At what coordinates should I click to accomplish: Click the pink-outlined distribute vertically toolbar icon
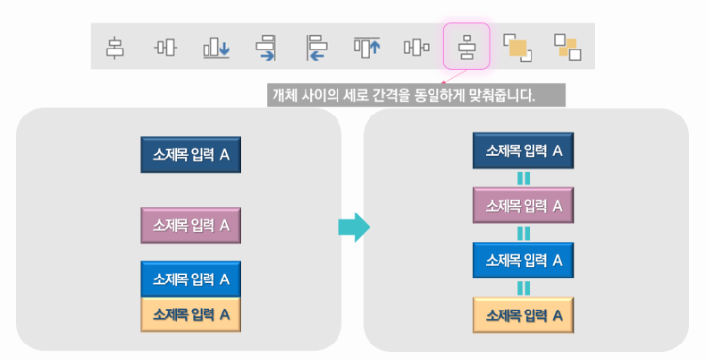[x=467, y=46]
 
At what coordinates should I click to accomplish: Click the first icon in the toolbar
[x=115, y=46]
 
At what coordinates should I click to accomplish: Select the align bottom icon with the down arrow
[x=215, y=46]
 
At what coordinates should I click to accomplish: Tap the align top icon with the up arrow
[x=367, y=46]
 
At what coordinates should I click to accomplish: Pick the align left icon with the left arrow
[x=317, y=46]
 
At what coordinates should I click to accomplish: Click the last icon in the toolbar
[x=566, y=46]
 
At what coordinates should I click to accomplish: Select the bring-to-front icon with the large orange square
[x=518, y=46]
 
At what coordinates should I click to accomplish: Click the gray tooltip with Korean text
[x=414, y=95]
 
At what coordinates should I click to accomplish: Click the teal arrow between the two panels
[x=353, y=228]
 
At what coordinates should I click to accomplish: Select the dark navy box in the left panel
[x=190, y=154]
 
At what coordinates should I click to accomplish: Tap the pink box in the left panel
[x=190, y=225]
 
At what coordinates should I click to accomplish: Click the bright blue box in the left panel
[x=190, y=278]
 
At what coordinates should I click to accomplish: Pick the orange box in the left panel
[x=190, y=313]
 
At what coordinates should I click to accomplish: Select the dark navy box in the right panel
[x=523, y=150]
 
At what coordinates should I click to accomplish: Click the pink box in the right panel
[x=523, y=205]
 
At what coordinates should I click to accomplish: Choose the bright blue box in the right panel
[x=523, y=259]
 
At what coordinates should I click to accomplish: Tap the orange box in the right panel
[x=523, y=314]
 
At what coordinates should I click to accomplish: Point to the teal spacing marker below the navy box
[x=523, y=178]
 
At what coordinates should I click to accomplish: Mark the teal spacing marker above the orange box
[x=523, y=287]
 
